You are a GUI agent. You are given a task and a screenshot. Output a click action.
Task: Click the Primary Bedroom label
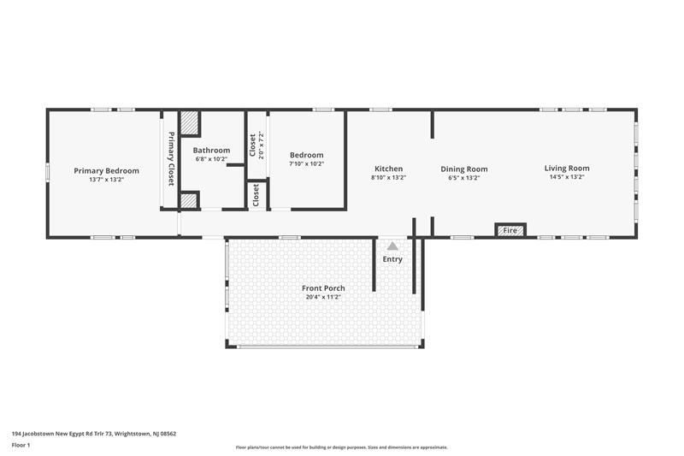click(x=106, y=170)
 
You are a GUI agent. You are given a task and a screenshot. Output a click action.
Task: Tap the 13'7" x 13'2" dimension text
click(x=106, y=180)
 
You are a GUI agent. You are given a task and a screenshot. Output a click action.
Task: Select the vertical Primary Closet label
click(x=170, y=159)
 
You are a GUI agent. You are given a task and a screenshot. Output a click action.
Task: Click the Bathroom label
click(x=212, y=150)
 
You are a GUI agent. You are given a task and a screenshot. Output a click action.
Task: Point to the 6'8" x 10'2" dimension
click(x=212, y=158)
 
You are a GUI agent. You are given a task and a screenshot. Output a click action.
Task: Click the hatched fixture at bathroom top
click(x=190, y=123)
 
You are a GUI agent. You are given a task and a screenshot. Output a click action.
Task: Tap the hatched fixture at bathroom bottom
click(x=189, y=201)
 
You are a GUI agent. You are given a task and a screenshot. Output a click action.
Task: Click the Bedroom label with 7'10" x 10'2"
click(x=306, y=155)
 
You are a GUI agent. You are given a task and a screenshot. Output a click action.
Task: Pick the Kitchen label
click(x=388, y=169)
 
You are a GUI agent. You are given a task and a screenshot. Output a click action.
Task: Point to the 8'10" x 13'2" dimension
click(x=388, y=178)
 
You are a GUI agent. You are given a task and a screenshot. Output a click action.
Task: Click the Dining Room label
click(x=464, y=169)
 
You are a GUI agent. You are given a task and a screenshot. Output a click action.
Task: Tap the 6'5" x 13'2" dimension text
click(x=464, y=178)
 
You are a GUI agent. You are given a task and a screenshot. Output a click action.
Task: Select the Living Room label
click(x=567, y=168)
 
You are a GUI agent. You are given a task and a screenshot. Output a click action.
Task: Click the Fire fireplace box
click(x=510, y=230)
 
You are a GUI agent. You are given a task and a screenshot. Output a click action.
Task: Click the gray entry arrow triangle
click(x=392, y=246)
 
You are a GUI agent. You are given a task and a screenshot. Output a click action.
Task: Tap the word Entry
click(x=392, y=259)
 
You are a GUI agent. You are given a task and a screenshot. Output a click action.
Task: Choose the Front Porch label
click(x=323, y=288)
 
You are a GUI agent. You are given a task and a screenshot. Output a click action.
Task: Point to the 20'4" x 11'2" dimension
click(x=323, y=298)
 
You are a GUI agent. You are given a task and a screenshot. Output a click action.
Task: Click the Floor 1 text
click(x=21, y=445)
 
